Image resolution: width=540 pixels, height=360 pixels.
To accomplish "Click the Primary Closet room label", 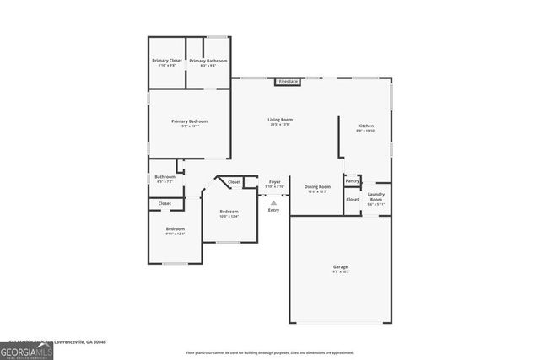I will [x=166, y=61].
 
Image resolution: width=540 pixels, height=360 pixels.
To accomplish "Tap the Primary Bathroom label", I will [x=208, y=61].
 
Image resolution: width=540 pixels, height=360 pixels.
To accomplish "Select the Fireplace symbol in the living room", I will [x=288, y=82].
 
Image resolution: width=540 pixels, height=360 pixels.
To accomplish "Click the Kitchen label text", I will [x=365, y=126].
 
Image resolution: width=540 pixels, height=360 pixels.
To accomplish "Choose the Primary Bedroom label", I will [x=189, y=121].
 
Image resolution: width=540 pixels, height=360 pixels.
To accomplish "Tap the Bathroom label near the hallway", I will [x=165, y=177].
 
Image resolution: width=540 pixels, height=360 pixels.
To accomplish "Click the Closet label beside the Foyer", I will [x=235, y=182].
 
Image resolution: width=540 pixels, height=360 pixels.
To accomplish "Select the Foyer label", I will [x=274, y=182].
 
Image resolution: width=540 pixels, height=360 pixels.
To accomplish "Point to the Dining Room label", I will [x=317, y=187].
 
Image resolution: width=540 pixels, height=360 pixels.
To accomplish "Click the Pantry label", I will [x=352, y=180].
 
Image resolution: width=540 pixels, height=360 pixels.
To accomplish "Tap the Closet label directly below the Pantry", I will [x=352, y=199].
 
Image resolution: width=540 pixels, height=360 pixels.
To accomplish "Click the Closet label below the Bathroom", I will [x=165, y=203].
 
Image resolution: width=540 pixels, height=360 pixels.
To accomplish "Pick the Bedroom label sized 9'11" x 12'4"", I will [x=175, y=229].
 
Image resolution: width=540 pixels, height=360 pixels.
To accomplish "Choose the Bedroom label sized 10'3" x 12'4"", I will [x=229, y=212].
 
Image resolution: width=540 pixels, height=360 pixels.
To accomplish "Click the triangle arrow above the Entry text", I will [x=273, y=202].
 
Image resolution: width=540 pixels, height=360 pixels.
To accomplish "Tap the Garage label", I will [x=340, y=267].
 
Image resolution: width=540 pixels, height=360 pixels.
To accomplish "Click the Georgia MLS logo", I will [x=26, y=350].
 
